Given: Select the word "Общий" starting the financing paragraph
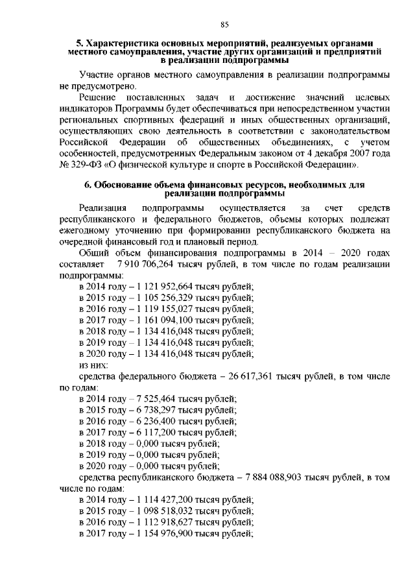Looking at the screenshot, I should tap(94, 253).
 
